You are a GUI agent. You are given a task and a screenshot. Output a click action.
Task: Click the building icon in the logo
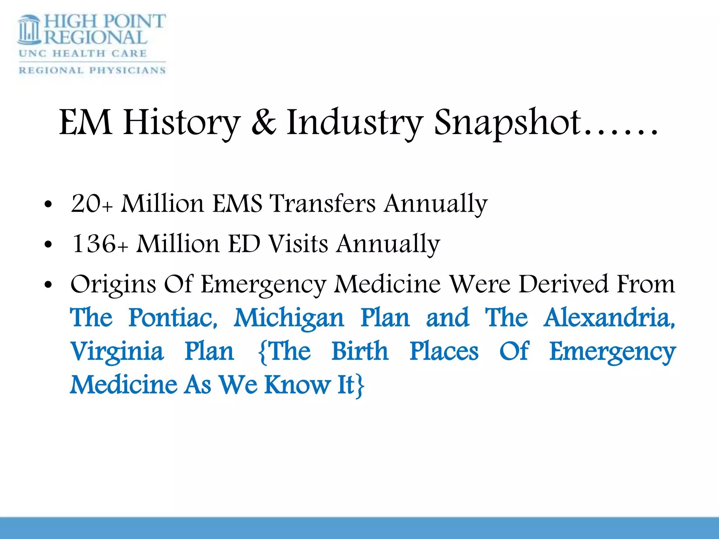(29, 30)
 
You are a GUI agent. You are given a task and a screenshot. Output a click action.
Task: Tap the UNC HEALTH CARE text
(83, 53)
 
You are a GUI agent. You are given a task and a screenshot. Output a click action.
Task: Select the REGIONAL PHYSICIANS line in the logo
(92, 70)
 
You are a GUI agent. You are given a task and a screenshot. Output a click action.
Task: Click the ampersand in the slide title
(264, 122)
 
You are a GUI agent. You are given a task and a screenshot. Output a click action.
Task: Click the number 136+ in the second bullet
(99, 244)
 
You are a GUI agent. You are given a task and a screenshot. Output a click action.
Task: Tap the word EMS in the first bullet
(237, 204)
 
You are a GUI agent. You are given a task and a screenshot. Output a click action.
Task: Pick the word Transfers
(322, 204)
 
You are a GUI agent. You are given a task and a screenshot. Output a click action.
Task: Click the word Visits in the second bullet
(298, 244)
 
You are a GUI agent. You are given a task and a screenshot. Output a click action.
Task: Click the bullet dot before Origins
(48, 285)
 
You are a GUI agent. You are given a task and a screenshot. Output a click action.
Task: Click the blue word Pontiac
(173, 318)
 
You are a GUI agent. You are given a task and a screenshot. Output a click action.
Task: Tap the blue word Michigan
(289, 318)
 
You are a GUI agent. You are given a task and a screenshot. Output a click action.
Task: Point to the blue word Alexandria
(609, 318)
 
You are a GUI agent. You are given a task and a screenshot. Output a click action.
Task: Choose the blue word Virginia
(117, 352)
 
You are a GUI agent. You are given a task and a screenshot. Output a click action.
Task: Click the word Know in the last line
(297, 385)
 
